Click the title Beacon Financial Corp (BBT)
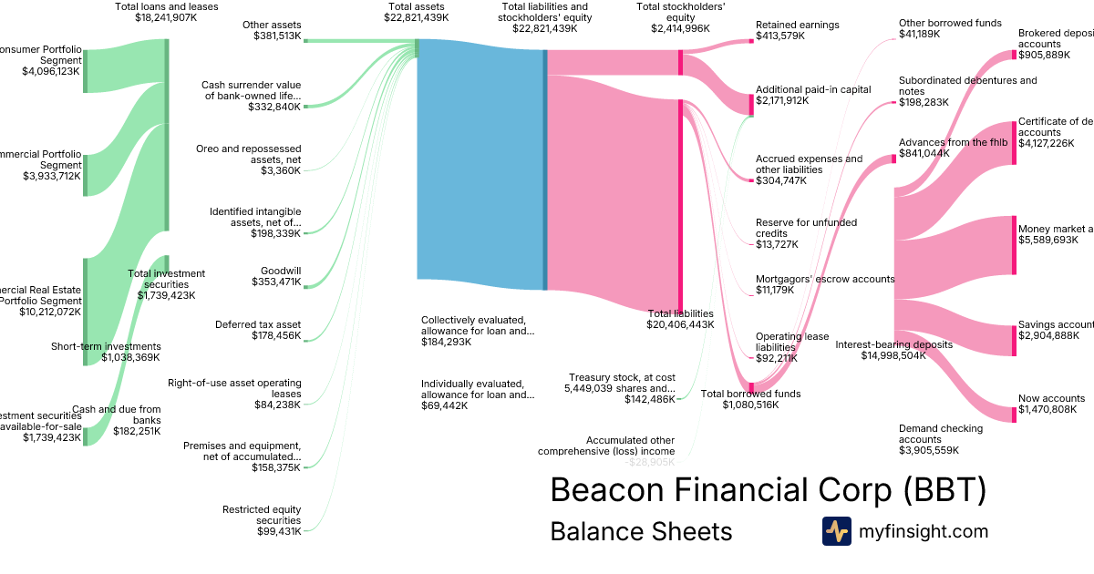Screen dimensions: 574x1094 click(x=769, y=490)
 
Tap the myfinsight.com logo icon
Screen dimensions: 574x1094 click(x=836, y=531)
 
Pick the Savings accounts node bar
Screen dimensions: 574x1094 click(x=1014, y=339)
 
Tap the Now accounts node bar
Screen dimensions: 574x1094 click(x=1014, y=415)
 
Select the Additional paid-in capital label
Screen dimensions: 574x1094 click(x=813, y=89)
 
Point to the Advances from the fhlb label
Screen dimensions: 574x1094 click(x=953, y=143)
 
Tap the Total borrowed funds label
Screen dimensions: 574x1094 click(x=750, y=394)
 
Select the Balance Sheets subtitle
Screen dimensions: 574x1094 click(x=641, y=531)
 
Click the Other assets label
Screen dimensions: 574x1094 click(x=272, y=25)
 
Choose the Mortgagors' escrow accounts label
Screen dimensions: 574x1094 click(x=825, y=279)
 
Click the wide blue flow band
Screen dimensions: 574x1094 click(x=480, y=164)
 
